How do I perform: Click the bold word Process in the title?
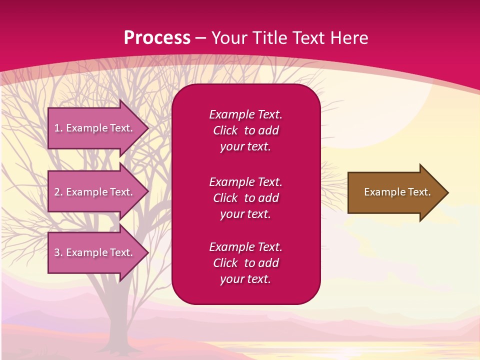point(157,38)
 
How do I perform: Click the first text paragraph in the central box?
point(245,130)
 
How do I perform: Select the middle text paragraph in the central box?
point(245,198)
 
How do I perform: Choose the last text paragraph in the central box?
point(245,263)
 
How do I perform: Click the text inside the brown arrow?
point(397,192)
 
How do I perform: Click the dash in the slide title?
point(200,38)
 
